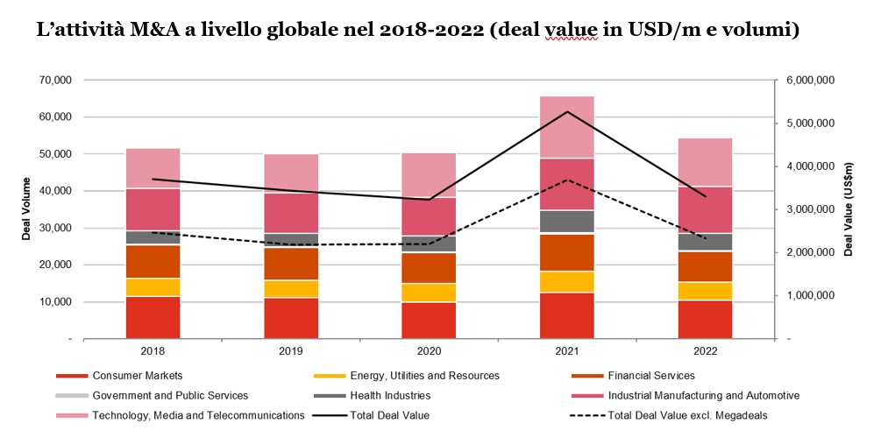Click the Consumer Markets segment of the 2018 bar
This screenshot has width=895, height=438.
(153, 317)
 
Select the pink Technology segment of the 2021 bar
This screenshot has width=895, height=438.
(566, 127)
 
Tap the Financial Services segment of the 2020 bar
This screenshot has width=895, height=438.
(429, 268)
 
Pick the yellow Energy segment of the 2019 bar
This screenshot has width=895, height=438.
(291, 289)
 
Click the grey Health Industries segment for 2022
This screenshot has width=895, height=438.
(705, 242)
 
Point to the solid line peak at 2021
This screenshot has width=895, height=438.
(566, 111)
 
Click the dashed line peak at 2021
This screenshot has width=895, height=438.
(566, 180)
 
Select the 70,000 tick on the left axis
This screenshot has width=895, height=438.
(57, 80)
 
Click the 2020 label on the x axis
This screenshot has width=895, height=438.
(429, 351)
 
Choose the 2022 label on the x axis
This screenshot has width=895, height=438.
(705, 351)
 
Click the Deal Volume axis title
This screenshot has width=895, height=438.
(26, 208)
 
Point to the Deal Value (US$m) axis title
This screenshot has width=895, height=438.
(849, 208)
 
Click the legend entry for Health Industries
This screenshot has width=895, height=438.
(392, 395)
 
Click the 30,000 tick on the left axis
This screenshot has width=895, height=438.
(57, 228)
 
